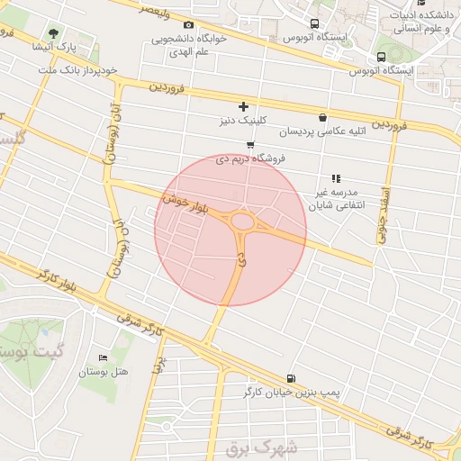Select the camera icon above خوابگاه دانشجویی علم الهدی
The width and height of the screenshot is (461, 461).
click(x=188, y=25)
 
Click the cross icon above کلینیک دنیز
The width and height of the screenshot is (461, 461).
click(x=242, y=106)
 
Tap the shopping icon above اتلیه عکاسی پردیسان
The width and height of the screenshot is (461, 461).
click(x=322, y=118)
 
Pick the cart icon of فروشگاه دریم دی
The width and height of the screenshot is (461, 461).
click(x=249, y=145)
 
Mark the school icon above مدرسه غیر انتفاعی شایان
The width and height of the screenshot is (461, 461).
click(x=336, y=179)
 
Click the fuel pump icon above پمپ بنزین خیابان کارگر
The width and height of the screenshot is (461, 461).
click(x=290, y=379)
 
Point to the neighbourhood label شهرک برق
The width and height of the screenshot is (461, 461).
click(x=269, y=446)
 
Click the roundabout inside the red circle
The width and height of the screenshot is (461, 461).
click(x=242, y=221)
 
